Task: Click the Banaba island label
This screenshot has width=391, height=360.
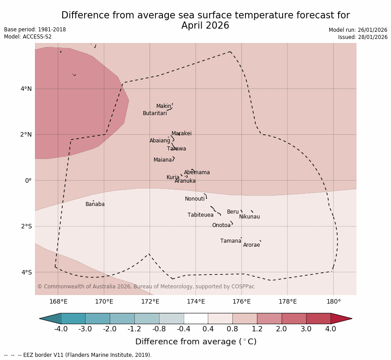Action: [x=95, y=204]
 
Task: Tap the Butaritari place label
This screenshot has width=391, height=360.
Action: [x=155, y=113]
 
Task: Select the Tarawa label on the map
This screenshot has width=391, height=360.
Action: [x=176, y=149]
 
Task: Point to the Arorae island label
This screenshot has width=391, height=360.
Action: [x=252, y=245]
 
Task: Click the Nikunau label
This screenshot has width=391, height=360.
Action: [x=249, y=217]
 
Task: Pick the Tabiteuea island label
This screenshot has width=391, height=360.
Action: [x=201, y=215]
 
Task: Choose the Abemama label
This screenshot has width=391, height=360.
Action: [x=197, y=172]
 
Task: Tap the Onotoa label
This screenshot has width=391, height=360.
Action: [x=221, y=225]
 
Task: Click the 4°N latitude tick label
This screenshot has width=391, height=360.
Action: [x=26, y=89]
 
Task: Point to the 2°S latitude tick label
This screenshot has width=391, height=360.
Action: [x=26, y=226]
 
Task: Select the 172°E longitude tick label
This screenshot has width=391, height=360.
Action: [x=150, y=301]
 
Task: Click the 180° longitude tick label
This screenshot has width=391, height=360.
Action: [x=334, y=301]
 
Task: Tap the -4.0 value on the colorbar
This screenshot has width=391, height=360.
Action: [x=61, y=329]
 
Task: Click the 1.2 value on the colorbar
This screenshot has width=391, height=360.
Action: [x=257, y=329]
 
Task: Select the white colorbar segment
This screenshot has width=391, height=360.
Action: [x=196, y=318]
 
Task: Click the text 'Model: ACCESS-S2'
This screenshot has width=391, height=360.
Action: [x=28, y=37]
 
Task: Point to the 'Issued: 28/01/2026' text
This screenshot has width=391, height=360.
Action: [x=363, y=37]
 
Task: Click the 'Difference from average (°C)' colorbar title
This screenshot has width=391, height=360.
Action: [x=196, y=342]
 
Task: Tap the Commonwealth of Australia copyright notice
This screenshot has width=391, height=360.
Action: [x=146, y=287]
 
